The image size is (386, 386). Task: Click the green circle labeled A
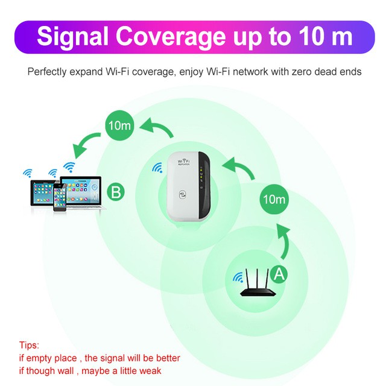278,274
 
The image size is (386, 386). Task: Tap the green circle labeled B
116,194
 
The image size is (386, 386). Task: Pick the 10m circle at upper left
117,127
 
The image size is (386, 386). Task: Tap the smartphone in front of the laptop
60,197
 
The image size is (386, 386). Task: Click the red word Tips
29,346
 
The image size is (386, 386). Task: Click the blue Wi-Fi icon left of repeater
158,168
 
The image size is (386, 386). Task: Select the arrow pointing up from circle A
283,241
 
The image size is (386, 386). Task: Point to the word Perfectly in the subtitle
48,72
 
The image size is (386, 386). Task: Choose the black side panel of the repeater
202,184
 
